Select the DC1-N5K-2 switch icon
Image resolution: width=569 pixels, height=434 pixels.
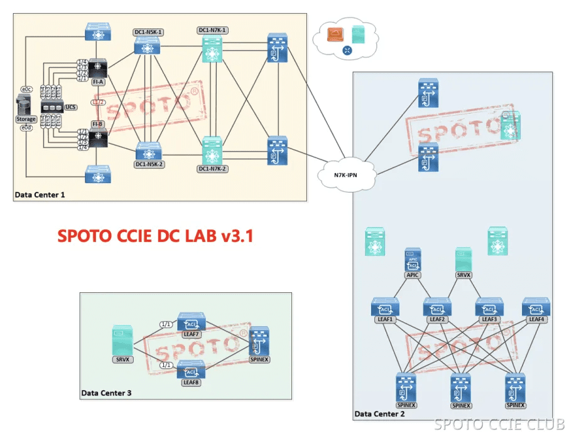pos(149,151)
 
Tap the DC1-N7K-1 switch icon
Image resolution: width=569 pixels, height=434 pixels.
pos(212,48)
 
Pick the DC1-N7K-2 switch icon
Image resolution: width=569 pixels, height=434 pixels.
pos(212,151)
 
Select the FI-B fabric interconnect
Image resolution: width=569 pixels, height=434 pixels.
pos(98,138)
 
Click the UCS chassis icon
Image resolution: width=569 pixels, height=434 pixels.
pos(52,107)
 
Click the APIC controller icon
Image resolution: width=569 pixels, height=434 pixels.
pos(413,260)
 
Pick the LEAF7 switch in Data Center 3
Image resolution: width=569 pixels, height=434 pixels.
pos(191,322)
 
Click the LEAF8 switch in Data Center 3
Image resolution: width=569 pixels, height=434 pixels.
pos(191,370)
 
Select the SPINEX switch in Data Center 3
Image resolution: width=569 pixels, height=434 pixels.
pos(259,341)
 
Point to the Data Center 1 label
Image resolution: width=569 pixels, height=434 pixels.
pos(40,195)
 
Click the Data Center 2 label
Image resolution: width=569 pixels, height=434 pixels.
pos(379,414)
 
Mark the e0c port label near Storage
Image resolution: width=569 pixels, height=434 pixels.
pos(26,88)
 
